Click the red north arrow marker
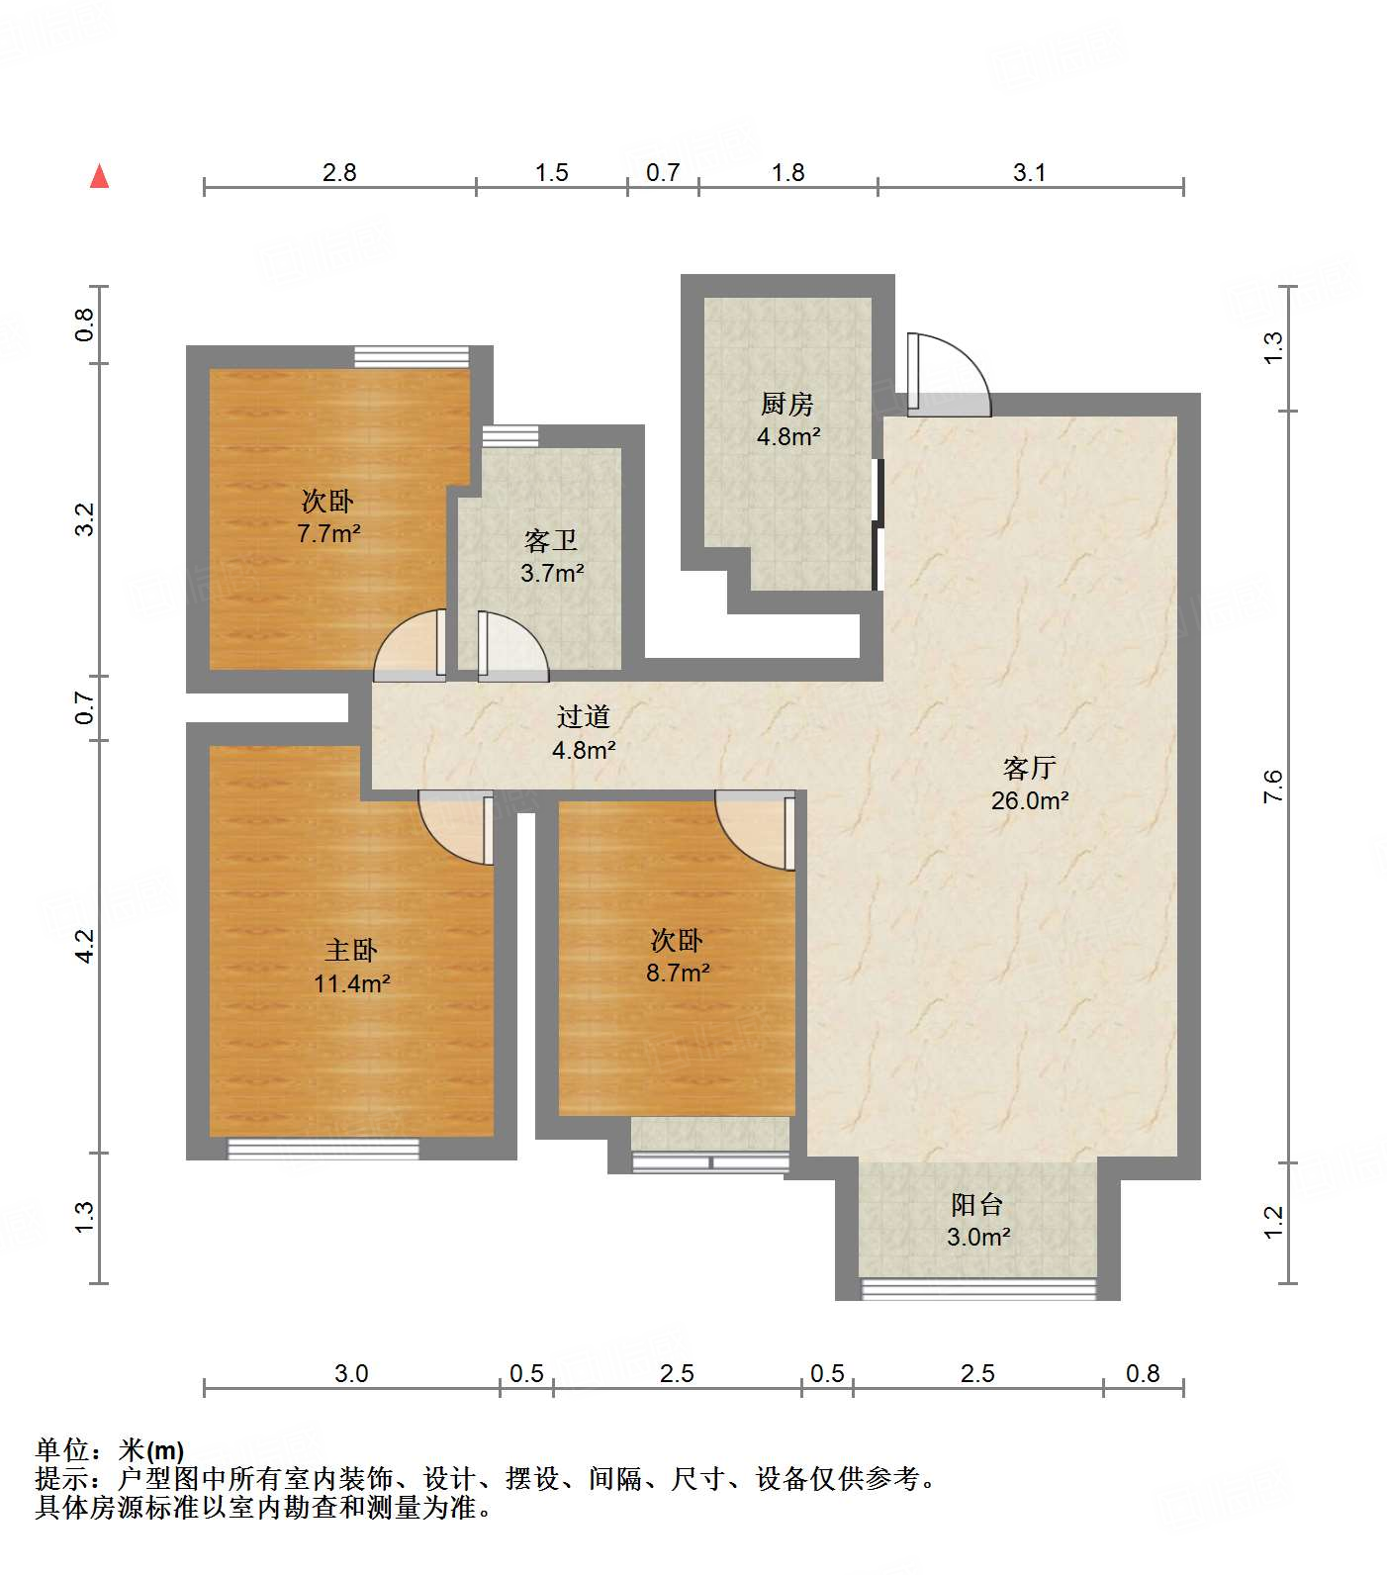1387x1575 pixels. pyautogui.click(x=99, y=176)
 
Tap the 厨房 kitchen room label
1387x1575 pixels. pyautogui.click(x=787, y=404)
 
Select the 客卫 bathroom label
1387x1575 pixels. pyautogui.click(x=551, y=540)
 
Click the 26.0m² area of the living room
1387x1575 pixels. pyautogui.click(x=1030, y=800)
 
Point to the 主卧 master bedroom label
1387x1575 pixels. pyautogui.click(x=351, y=950)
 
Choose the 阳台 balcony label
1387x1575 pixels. pyautogui.click(x=977, y=1204)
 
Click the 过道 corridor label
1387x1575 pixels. pyautogui.click(x=584, y=716)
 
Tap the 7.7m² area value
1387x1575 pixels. pyautogui.click(x=328, y=533)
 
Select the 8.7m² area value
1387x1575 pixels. pyautogui.click(x=678, y=973)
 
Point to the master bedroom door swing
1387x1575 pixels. pyautogui.click(x=456, y=828)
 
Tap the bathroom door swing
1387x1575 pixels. pyautogui.click(x=512, y=647)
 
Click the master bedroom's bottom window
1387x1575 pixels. pyautogui.click(x=324, y=1149)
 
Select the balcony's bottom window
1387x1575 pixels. pyautogui.click(x=979, y=1288)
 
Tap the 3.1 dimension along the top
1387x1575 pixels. pyautogui.click(x=1029, y=172)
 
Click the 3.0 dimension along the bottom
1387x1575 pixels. pyautogui.click(x=351, y=1373)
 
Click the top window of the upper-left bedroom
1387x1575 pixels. pyautogui.click(x=412, y=357)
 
